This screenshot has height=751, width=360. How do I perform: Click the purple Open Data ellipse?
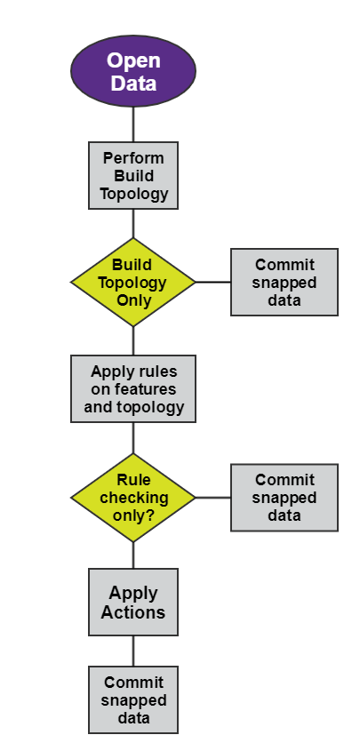point(133,72)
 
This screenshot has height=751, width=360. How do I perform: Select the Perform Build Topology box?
point(133,175)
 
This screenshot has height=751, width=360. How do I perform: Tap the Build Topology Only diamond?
point(133,282)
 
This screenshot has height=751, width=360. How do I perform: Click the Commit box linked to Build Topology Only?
point(284,282)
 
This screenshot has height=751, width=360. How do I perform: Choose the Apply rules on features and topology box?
point(133,389)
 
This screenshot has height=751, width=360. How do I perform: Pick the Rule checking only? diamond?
point(133,498)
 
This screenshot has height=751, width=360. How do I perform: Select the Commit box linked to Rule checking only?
point(284,498)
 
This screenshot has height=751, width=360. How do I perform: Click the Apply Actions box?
point(133,603)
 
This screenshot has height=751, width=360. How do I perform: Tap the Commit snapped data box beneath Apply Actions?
point(133,700)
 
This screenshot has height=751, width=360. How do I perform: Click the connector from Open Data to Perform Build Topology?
point(133,124)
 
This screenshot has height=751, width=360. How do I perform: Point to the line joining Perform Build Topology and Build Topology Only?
point(133,223)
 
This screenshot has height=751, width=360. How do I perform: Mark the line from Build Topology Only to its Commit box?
point(213,282)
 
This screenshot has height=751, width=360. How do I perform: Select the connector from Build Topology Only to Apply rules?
point(133,341)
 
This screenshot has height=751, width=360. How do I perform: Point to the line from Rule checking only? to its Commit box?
point(213,498)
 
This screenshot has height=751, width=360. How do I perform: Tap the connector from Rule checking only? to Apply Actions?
point(133,555)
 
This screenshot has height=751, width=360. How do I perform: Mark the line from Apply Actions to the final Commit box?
point(133,651)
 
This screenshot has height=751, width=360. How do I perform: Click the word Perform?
point(133,158)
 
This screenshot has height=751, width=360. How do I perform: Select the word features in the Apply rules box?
point(146,389)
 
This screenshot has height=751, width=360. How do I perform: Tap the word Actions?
point(133,612)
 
